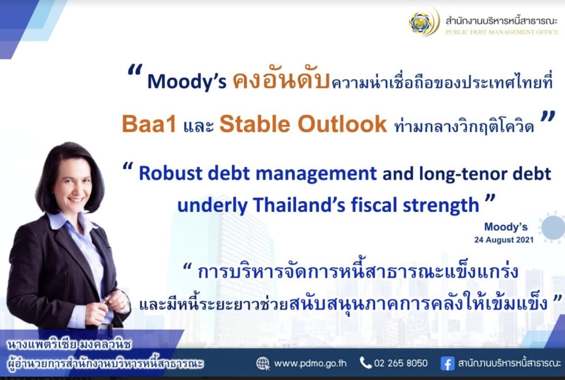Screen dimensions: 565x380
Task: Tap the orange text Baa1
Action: [149, 124]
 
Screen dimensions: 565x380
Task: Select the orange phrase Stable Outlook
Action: [303, 124]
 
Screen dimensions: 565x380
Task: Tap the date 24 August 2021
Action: [504, 240]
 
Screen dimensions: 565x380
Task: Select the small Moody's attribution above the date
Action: [506, 227]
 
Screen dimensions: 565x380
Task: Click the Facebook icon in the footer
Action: [447, 363]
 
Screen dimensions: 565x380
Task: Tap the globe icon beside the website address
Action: [263, 363]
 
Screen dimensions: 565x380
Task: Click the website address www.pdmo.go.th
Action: [310, 363]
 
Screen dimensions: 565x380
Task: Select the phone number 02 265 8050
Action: [401, 363]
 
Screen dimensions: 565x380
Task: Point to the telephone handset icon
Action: [365, 363]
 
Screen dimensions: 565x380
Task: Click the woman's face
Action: [73, 183]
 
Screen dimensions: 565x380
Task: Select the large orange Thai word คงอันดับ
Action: [281, 80]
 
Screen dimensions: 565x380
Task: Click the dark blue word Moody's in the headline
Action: [186, 81]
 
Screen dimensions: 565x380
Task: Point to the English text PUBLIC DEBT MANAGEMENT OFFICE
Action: [502, 32]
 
